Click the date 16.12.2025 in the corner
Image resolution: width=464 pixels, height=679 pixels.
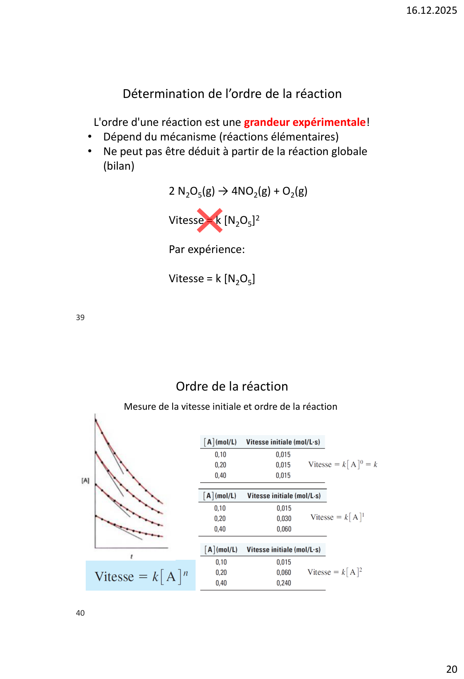pyautogui.click(x=431, y=10)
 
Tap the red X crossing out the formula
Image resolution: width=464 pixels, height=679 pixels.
pyautogui.click(x=209, y=220)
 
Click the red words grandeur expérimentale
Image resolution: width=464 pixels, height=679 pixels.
pyautogui.click(x=305, y=122)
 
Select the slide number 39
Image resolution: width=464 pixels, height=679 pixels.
pyautogui.click(x=80, y=318)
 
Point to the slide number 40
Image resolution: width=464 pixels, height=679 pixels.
pyautogui.click(x=80, y=613)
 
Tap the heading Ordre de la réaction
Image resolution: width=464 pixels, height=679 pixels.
pyautogui.click(x=232, y=386)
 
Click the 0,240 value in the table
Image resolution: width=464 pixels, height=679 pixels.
pyautogui.click(x=284, y=583)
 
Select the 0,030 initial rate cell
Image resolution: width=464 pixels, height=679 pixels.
pyautogui.click(x=284, y=519)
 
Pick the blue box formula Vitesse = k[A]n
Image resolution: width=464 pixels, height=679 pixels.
pyautogui.click(x=141, y=576)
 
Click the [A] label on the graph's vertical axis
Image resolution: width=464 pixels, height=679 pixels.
pyautogui.click(x=85, y=481)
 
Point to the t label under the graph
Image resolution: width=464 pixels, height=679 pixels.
pyautogui.click(x=132, y=556)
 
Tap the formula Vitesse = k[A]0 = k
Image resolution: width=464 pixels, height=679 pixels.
pyautogui.click(x=342, y=464)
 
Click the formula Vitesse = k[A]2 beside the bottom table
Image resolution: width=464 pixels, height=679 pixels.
pyautogui.click(x=335, y=572)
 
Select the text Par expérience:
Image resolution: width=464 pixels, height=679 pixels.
pyautogui.click(x=207, y=249)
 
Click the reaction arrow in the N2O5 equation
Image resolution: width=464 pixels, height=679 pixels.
pyautogui.click(x=223, y=191)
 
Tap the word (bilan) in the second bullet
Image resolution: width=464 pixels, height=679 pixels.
pyautogui.click(x=119, y=166)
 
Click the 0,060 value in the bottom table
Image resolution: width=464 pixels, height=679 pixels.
pyautogui.click(x=284, y=573)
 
